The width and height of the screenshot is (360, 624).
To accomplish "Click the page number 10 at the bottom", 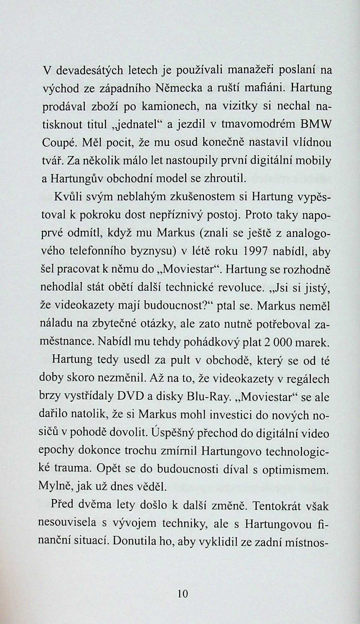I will (x=183, y=594).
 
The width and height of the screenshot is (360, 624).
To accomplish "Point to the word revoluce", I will (x=239, y=288).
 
